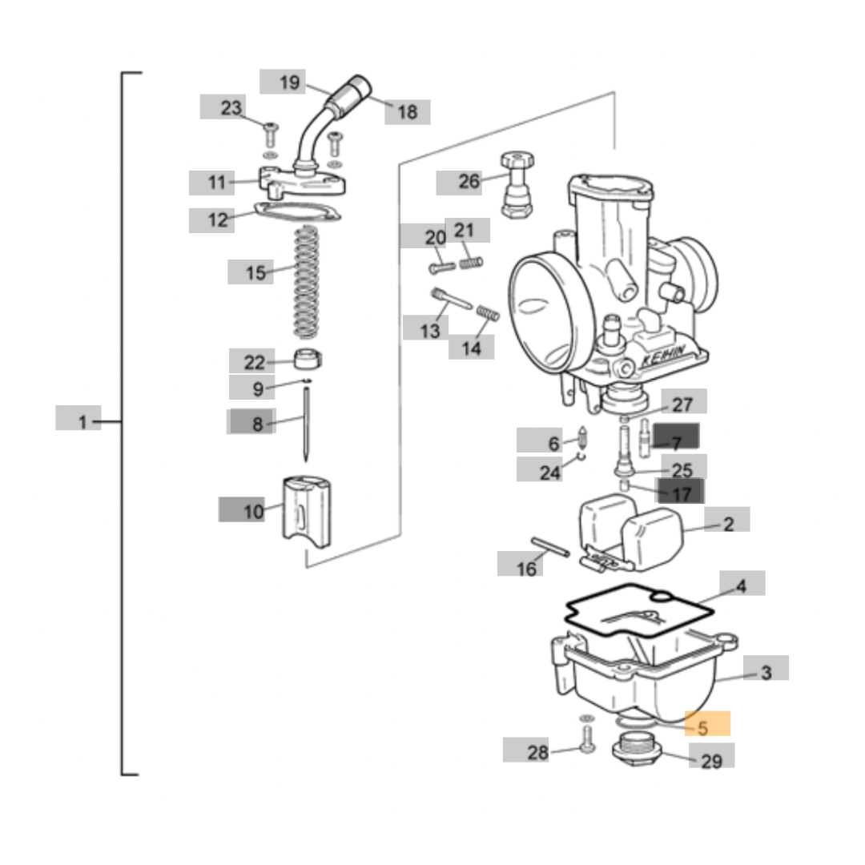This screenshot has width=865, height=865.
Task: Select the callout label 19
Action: coord(289,82)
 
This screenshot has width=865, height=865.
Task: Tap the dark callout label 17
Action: coord(681,492)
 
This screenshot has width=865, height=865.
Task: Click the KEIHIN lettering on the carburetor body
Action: coord(663,356)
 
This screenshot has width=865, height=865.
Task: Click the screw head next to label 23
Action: coord(270,128)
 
